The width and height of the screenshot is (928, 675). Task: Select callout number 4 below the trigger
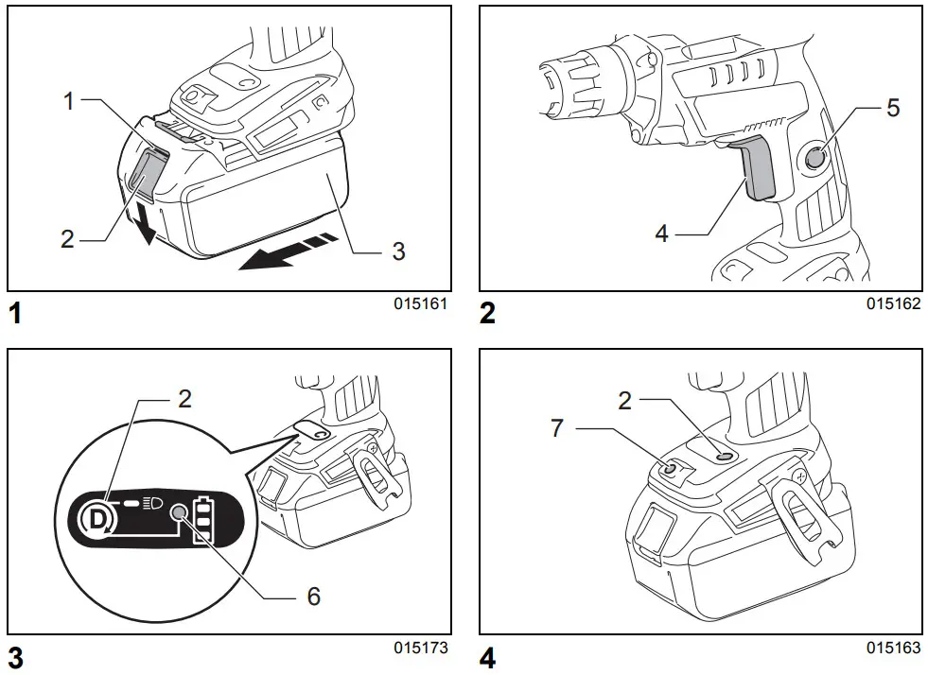(x=662, y=233)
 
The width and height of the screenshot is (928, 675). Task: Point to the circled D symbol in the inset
(x=96, y=517)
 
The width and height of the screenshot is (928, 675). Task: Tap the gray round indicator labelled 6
(x=177, y=512)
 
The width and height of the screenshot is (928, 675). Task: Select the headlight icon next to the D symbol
(x=151, y=500)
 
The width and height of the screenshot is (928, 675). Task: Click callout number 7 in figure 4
(x=557, y=428)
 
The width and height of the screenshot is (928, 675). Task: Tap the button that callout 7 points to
(x=671, y=467)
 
